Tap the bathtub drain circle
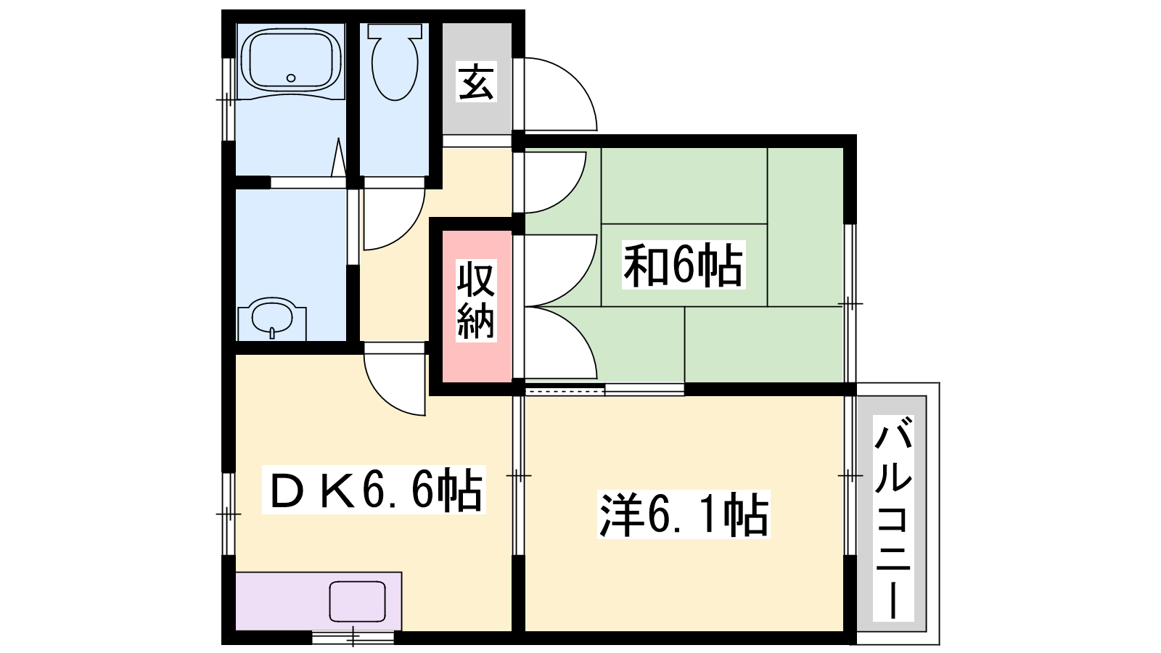tap(291, 78)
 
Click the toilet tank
tap(395, 30)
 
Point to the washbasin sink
tap(271, 318)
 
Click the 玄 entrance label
tap(476, 81)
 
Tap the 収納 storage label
tap(476, 300)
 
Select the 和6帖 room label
tap(683, 265)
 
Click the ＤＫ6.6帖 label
tap(374, 489)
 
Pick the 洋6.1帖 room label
tap(683, 514)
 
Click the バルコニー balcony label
tap(893, 518)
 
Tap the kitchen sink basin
tap(358, 601)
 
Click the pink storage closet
tap(476, 306)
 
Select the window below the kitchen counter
tap(353, 636)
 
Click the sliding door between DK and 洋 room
tap(518, 475)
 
